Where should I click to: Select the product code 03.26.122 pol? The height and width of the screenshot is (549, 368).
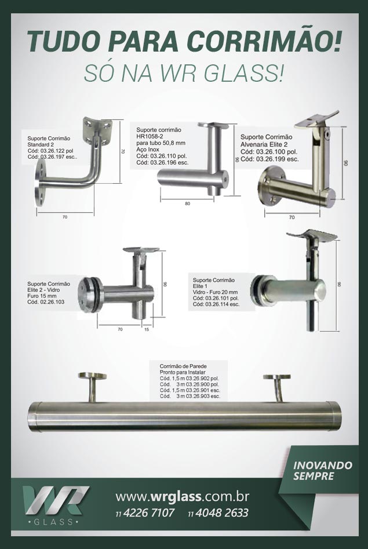[57, 151]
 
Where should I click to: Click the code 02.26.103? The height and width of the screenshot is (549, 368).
[53, 302]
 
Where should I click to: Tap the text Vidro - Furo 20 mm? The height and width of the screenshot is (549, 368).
[216, 292]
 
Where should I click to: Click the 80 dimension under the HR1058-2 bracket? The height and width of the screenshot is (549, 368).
[187, 204]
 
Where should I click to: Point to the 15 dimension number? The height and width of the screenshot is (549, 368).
[147, 329]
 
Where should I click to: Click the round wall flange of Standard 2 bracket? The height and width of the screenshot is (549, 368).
[40, 186]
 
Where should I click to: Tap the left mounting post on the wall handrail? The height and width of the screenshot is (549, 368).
[93, 387]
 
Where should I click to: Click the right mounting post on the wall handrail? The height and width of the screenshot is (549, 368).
[278, 388]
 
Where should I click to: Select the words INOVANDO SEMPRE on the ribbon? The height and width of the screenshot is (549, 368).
[322, 470]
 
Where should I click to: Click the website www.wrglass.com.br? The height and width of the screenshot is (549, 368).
[182, 496]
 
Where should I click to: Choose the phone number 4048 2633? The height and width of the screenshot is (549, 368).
[222, 513]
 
